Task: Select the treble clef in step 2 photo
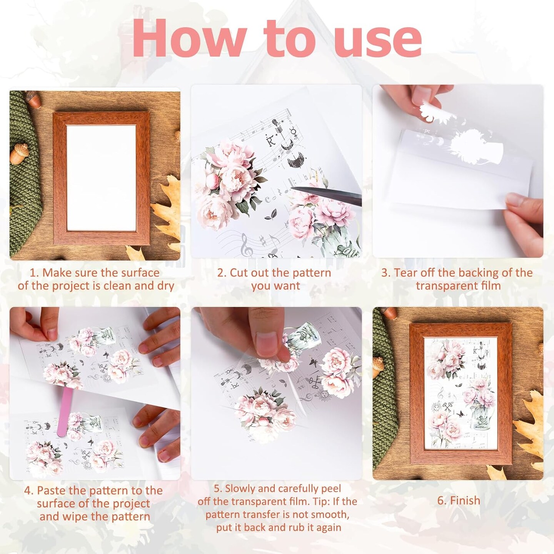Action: coord(246,245)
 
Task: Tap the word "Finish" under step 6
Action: coord(465,501)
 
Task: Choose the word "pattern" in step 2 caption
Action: coord(311,273)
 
